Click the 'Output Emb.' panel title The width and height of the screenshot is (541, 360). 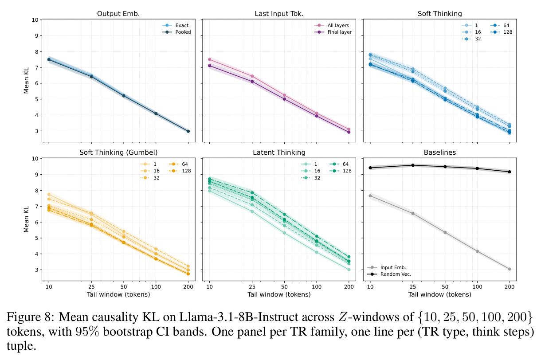click(118, 14)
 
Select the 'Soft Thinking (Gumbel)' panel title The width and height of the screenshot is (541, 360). click(118, 153)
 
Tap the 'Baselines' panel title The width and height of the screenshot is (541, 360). click(440, 153)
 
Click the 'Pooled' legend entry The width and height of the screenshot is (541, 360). click(176, 32)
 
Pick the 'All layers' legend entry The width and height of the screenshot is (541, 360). click(332, 25)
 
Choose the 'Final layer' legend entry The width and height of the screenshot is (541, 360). click(333, 32)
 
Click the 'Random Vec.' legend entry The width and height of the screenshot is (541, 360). click(389, 274)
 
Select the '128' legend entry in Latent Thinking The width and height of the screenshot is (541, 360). click(341, 171)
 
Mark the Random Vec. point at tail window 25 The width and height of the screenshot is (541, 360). click(413, 165)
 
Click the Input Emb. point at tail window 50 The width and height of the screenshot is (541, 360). click(445, 232)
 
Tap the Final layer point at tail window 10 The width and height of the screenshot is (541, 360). click(209, 66)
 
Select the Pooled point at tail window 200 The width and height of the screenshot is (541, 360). click(188, 131)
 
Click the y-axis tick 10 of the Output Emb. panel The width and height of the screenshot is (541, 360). click(35, 20)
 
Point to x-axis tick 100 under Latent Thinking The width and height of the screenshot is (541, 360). click(317, 287)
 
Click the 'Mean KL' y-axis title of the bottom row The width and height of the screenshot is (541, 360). click(26, 219)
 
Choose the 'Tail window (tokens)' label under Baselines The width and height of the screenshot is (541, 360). click(440, 294)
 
